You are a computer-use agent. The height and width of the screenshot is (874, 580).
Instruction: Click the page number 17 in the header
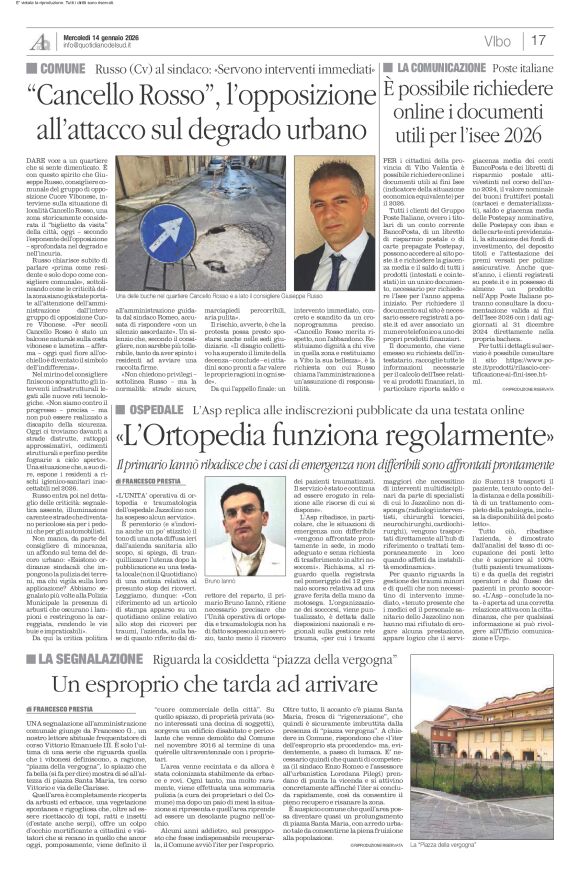coord(566,41)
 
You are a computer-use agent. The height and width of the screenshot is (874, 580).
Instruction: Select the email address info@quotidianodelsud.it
coord(105,46)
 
